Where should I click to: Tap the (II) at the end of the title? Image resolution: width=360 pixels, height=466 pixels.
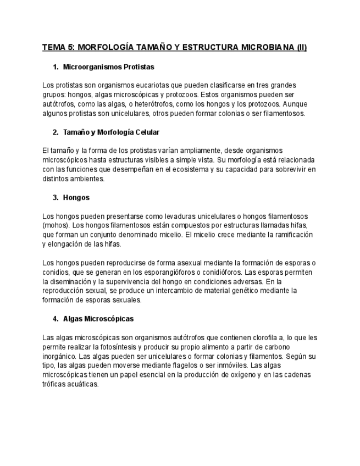pos(302,48)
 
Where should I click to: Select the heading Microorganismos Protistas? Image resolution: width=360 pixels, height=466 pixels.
pos(108,66)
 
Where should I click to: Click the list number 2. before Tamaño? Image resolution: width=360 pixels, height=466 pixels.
pos(56,132)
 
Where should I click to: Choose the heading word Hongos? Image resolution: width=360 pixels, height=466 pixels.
pos(76,197)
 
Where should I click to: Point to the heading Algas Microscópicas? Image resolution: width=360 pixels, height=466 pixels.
pos(98,319)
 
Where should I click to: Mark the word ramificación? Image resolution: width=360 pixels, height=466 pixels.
pos(291,235)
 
